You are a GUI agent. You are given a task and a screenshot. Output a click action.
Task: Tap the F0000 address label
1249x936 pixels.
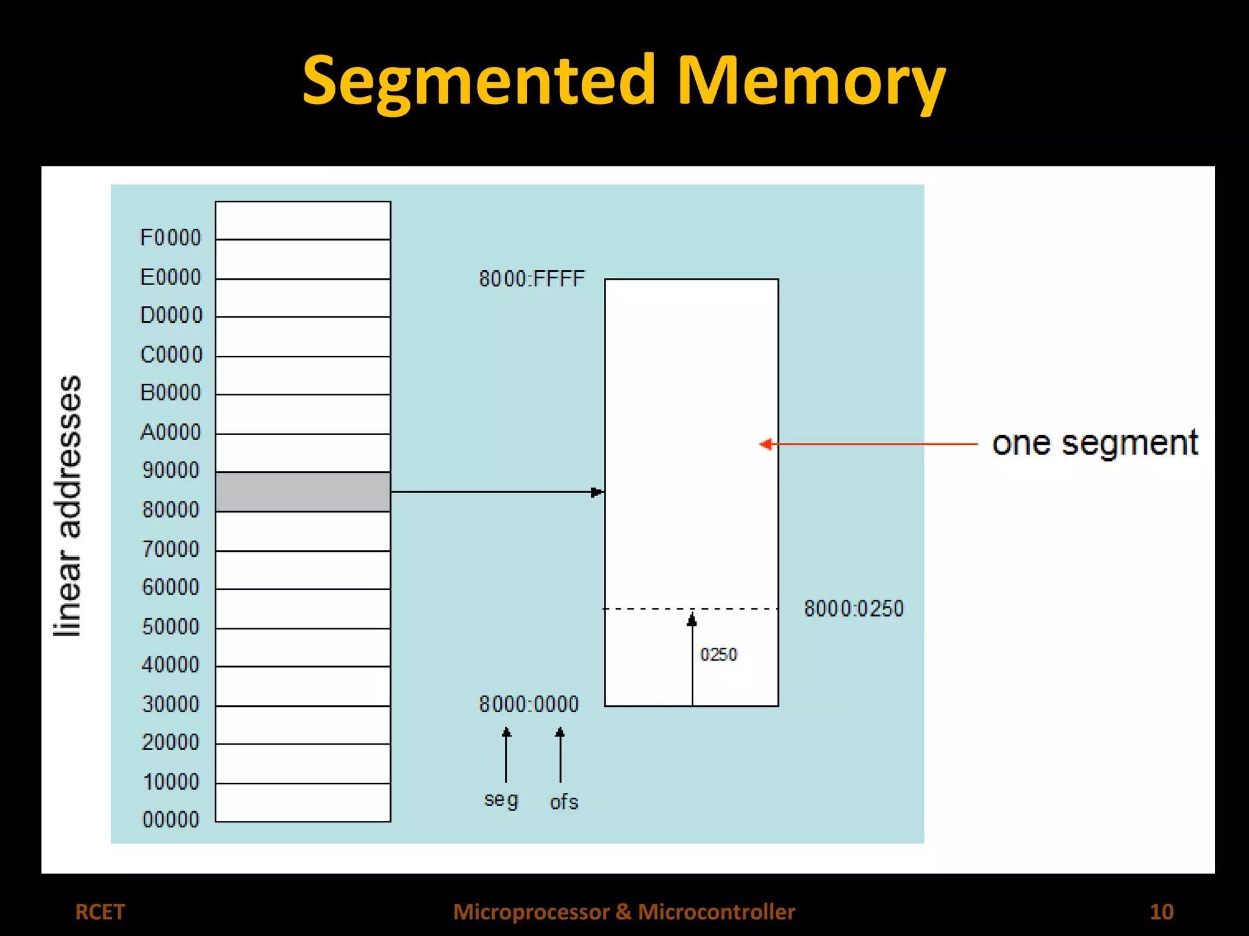[x=170, y=238]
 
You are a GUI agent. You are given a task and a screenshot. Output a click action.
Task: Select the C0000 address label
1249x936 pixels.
[x=171, y=355]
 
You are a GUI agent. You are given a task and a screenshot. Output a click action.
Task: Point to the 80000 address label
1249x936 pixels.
[x=171, y=509]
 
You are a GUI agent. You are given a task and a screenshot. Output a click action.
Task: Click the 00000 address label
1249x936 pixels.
[x=171, y=820]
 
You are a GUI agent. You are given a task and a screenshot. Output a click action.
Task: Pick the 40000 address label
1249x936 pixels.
[x=171, y=664]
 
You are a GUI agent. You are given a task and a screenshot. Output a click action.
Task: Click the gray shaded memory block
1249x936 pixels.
[x=303, y=492]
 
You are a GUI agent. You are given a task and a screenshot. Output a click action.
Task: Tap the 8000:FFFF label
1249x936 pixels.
[x=532, y=279]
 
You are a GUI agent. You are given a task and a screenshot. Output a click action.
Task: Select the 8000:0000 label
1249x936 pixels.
[x=529, y=704]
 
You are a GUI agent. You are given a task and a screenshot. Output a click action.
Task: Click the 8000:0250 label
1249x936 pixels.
[x=853, y=609]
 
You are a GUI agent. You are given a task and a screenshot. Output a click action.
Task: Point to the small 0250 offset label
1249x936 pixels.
[x=718, y=654]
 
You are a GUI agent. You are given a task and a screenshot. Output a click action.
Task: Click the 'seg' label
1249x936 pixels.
[x=501, y=800]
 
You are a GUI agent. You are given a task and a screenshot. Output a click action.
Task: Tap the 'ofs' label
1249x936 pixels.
[x=564, y=802]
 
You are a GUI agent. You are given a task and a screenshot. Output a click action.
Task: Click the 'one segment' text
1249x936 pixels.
[x=1095, y=444]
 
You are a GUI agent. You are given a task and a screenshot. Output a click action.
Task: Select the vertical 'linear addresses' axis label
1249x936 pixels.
[x=69, y=506]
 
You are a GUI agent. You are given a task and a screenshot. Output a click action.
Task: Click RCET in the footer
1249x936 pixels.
[x=99, y=912]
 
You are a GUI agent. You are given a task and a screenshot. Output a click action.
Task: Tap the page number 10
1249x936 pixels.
[x=1161, y=912]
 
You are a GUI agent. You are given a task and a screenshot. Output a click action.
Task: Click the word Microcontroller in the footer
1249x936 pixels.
[x=717, y=912]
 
